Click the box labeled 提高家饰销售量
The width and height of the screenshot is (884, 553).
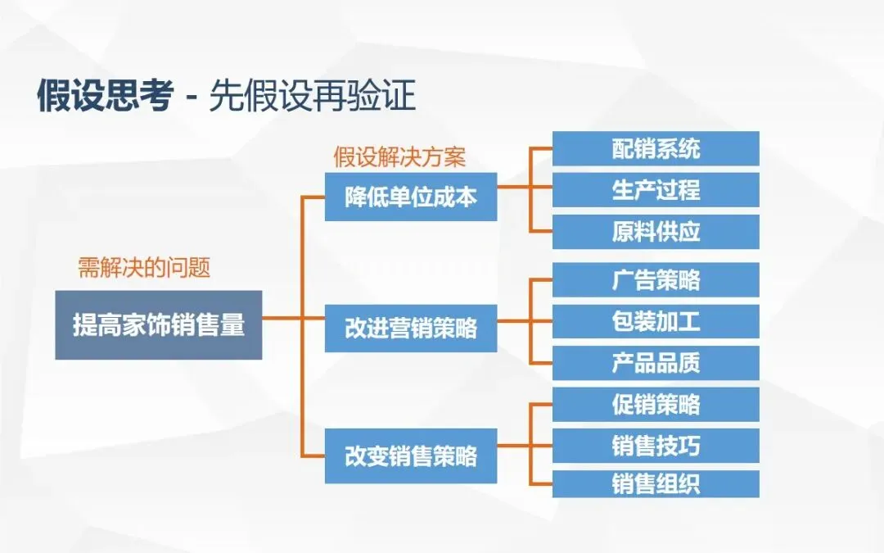(158, 325)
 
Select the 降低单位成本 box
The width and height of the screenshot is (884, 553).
(410, 197)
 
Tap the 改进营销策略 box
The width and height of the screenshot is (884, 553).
(410, 328)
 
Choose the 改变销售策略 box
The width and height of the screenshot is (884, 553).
(410, 456)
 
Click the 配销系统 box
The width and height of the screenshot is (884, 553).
(656, 148)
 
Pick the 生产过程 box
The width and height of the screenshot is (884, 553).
(656, 189)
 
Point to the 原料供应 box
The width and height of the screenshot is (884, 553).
(656, 231)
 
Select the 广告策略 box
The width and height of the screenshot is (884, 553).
(656, 279)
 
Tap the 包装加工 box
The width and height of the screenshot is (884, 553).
(656, 321)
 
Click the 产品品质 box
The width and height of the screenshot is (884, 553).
(656, 362)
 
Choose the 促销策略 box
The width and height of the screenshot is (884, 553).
(656, 404)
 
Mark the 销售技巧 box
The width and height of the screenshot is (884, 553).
(656, 446)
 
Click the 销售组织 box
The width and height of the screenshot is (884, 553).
(656, 483)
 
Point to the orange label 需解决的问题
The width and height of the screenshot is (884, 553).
(144, 268)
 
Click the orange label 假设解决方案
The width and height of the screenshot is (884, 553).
(399, 156)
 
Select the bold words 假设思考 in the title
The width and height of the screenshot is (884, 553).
(105, 97)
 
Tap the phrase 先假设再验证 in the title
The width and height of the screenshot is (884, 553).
(312, 97)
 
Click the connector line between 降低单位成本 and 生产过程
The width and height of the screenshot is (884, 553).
(524, 188)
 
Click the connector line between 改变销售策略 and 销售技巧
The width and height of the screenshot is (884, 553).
(524, 446)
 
